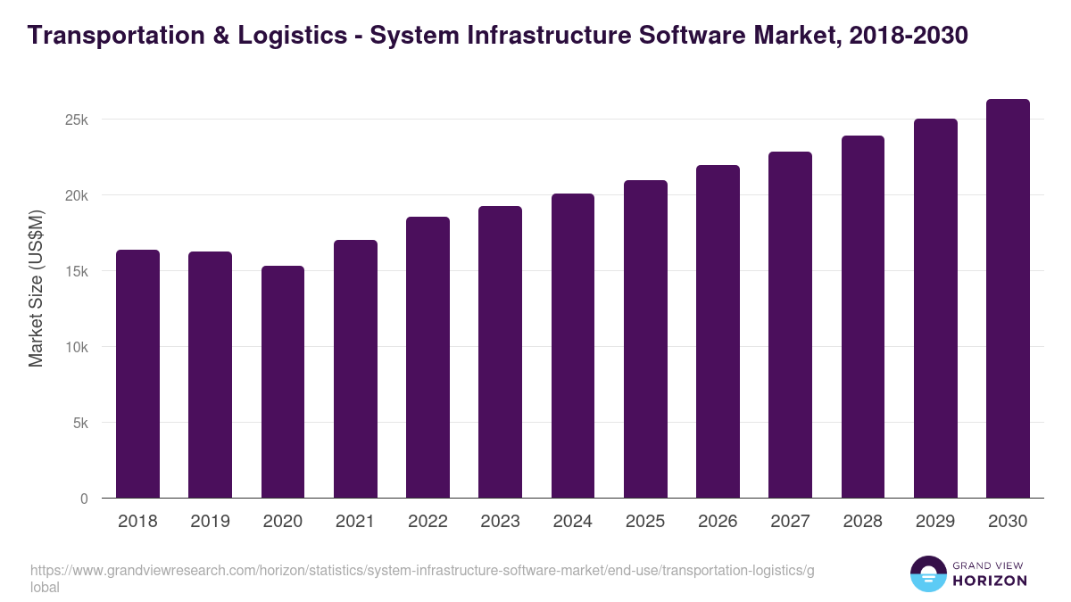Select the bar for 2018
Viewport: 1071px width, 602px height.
pyautogui.click(x=137, y=375)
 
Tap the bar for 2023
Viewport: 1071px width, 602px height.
pyautogui.click(x=500, y=352)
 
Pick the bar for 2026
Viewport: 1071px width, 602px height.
pyautogui.click(x=718, y=332)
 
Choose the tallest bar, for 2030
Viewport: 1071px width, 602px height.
pyautogui.click(x=1008, y=299)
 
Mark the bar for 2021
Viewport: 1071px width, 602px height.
pyautogui.click(x=355, y=369)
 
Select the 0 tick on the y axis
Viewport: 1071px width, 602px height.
pyautogui.click(x=84, y=499)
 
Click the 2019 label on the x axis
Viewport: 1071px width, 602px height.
pyautogui.click(x=210, y=522)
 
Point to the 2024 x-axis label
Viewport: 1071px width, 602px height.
pyautogui.click(x=572, y=522)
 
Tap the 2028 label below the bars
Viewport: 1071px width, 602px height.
pyautogui.click(x=862, y=522)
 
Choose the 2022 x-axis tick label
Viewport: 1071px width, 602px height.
pyautogui.click(x=428, y=522)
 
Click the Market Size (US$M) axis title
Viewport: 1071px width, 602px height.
pyautogui.click(x=36, y=287)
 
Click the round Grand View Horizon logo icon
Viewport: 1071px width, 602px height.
pyautogui.click(x=928, y=573)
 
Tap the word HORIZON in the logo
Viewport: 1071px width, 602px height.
pyautogui.click(x=991, y=581)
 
